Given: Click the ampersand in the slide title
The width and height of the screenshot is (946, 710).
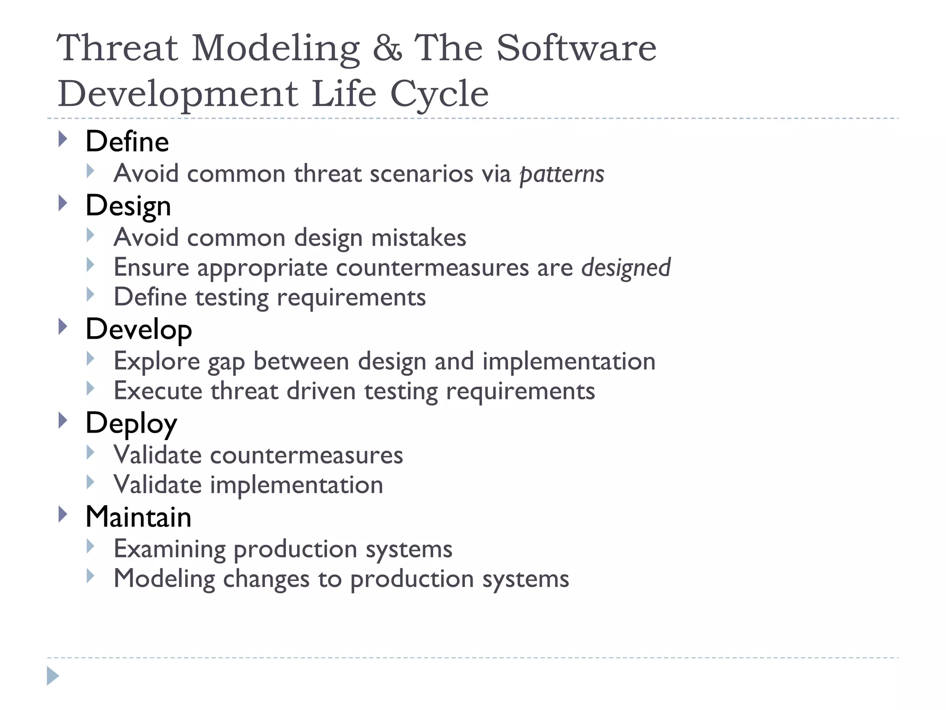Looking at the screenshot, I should click(x=387, y=48).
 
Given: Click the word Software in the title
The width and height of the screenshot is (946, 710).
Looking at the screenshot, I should click(x=576, y=48).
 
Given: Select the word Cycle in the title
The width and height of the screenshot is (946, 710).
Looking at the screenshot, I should click(x=439, y=94).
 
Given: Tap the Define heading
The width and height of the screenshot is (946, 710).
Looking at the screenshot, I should click(x=127, y=141).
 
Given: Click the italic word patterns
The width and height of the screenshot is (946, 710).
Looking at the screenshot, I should click(x=562, y=174).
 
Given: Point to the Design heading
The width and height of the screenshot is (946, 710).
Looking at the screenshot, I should click(x=128, y=206).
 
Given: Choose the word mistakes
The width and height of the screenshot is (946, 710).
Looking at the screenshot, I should click(x=418, y=238).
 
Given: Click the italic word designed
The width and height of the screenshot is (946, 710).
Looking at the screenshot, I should click(x=625, y=268).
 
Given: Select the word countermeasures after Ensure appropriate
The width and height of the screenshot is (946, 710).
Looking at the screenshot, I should click(x=432, y=268).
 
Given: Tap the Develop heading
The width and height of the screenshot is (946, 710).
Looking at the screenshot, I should click(x=139, y=329).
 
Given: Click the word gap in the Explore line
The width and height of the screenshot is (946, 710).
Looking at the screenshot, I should click(x=226, y=361).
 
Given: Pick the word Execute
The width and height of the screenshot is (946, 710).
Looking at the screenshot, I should click(x=158, y=391).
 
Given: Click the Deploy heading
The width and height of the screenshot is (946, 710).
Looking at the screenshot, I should click(x=131, y=423).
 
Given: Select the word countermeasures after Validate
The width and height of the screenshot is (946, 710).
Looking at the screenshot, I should click(x=306, y=455).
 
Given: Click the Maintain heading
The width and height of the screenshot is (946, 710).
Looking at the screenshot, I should click(x=138, y=517).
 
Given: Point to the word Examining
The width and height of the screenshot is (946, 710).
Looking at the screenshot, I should click(x=169, y=549).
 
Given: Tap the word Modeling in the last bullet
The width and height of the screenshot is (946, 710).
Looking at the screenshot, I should click(x=164, y=579).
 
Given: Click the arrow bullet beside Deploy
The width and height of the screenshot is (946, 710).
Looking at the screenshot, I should click(x=63, y=421).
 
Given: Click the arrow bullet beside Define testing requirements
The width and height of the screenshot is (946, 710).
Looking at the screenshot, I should click(x=91, y=294).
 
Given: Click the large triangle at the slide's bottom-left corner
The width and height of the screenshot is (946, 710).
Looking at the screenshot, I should click(x=53, y=676).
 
